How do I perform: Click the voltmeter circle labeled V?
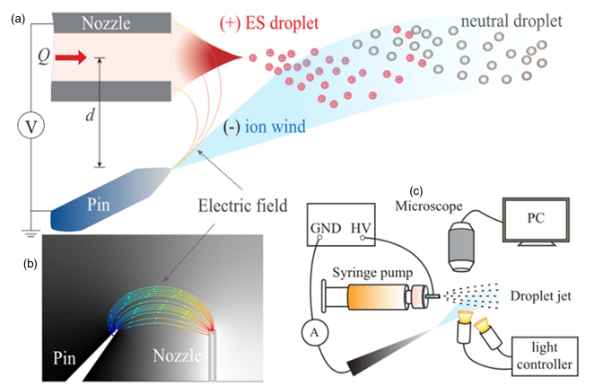pos(31,127)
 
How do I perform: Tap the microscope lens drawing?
pos(461,242)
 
